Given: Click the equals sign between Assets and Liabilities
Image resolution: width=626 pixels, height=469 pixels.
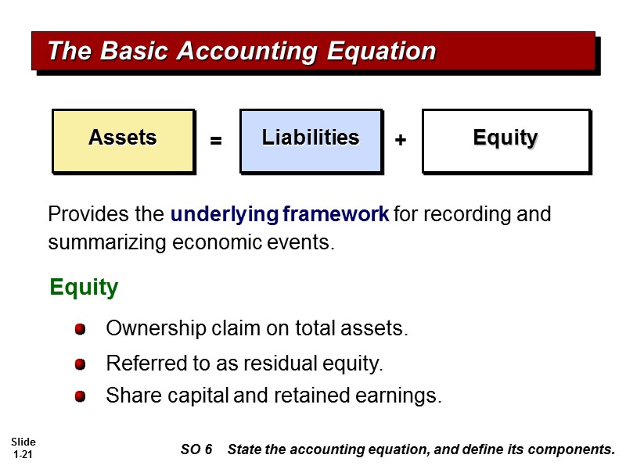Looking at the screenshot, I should click(216, 141).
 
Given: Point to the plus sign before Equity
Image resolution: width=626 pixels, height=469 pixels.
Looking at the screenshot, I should click(401, 141).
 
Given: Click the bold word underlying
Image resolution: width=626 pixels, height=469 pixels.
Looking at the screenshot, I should click(225, 214).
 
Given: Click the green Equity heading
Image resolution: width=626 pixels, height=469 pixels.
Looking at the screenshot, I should click(84, 288).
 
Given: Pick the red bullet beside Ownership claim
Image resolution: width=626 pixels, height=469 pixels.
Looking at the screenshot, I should click(80, 330).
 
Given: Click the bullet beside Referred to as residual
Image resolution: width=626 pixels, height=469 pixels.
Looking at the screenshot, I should click(80, 365).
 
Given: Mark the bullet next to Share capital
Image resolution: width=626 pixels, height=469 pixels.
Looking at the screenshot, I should click(80, 397).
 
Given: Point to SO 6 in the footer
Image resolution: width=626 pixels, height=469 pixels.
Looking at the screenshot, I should click(196, 449).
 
